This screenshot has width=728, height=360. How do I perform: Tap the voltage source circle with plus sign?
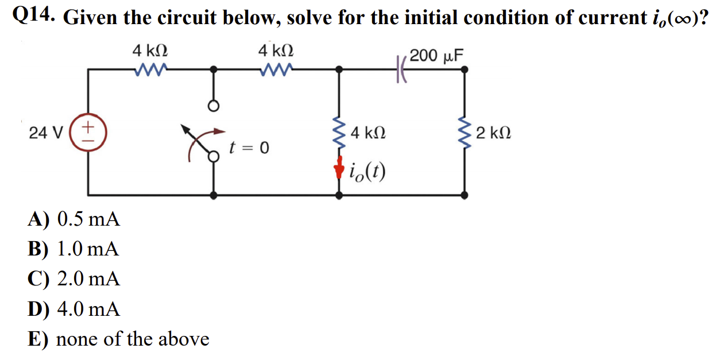point(88,133)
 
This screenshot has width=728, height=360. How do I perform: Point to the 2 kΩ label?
point(494,134)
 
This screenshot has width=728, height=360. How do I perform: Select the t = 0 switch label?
point(249,148)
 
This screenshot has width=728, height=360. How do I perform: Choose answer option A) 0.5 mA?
point(74,219)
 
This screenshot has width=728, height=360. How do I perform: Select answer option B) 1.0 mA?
point(74,249)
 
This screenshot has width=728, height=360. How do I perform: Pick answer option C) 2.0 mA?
point(74,279)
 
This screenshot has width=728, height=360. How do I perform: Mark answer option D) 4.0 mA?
point(74,309)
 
